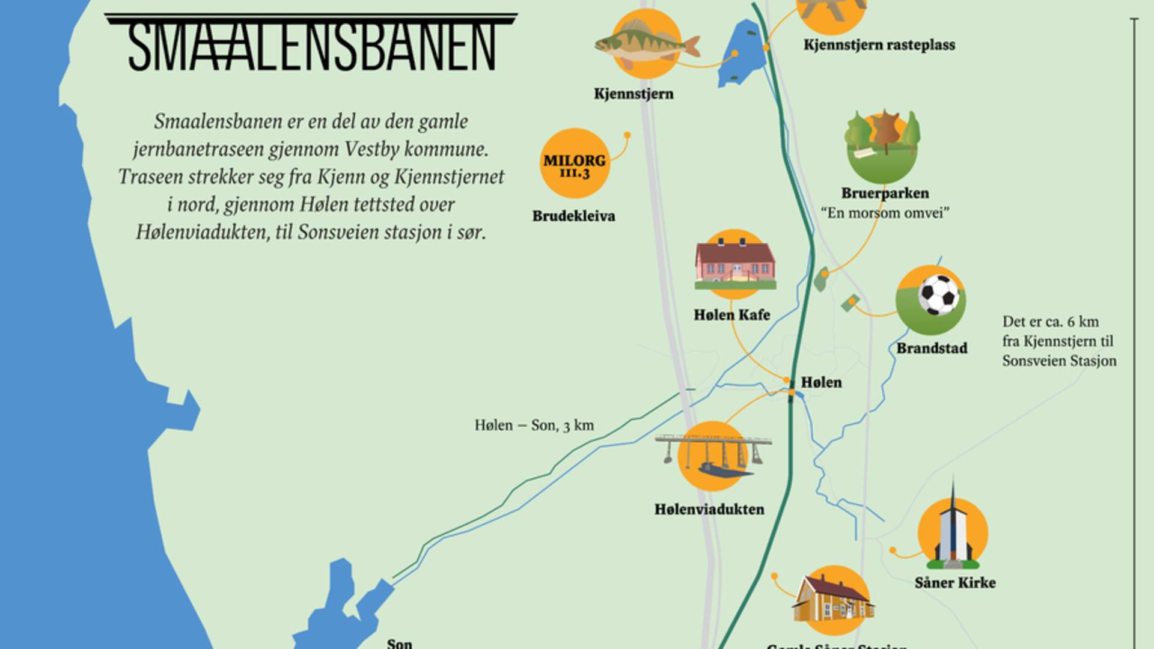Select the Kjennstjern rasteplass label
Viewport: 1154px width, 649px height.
(x=879, y=45)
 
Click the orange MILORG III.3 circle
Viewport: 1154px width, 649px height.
(x=575, y=163)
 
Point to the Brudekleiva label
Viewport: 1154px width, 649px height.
(x=573, y=216)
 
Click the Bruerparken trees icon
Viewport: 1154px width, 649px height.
(x=882, y=144)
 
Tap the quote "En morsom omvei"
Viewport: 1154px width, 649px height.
(x=885, y=213)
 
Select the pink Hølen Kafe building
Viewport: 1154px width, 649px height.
(x=734, y=263)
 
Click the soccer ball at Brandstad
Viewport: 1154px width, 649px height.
(x=938, y=294)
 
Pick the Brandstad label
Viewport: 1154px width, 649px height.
(x=932, y=349)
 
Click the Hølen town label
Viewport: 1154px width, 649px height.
(x=821, y=383)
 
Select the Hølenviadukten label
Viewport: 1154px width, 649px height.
(x=709, y=510)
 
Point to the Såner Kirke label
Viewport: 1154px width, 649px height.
(x=954, y=583)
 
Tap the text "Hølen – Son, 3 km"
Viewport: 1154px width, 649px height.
(x=534, y=425)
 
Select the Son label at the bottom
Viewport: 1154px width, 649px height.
(x=400, y=643)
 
